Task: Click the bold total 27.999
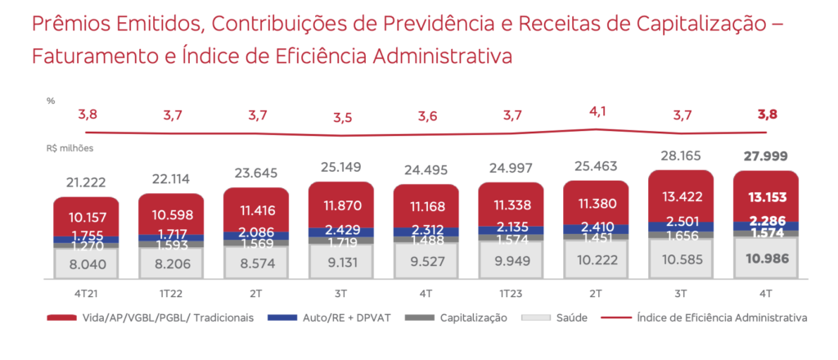tap(767, 156)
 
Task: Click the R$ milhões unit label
tap(70, 149)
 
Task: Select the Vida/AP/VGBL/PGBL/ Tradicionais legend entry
tap(151, 317)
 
